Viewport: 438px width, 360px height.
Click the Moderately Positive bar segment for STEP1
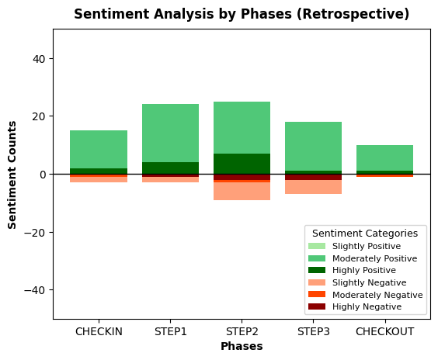point(170,133)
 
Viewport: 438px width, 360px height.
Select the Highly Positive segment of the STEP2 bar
point(242,164)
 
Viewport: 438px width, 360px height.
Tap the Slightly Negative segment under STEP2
point(242,191)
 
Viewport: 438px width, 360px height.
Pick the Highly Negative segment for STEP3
point(314,177)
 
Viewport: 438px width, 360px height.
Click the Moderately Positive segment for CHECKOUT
point(385,158)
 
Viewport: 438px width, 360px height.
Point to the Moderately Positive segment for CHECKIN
point(99,149)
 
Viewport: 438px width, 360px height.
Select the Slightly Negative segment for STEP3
point(314,187)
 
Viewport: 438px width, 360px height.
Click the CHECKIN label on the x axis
point(99,331)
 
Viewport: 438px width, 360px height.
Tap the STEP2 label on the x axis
point(242,331)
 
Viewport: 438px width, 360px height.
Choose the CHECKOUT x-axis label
point(385,331)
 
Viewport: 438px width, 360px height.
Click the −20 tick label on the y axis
point(35,233)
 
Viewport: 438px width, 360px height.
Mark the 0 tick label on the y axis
point(43,175)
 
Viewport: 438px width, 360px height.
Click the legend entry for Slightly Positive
point(354,246)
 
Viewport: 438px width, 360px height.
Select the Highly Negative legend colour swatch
point(317,306)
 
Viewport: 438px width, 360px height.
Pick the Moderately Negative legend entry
point(365,295)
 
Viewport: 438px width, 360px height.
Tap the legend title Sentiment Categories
point(365,234)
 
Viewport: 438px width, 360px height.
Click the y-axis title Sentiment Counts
point(12,175)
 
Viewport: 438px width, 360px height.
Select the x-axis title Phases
point(242,346)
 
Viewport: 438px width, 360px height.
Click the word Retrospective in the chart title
point(353,14)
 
